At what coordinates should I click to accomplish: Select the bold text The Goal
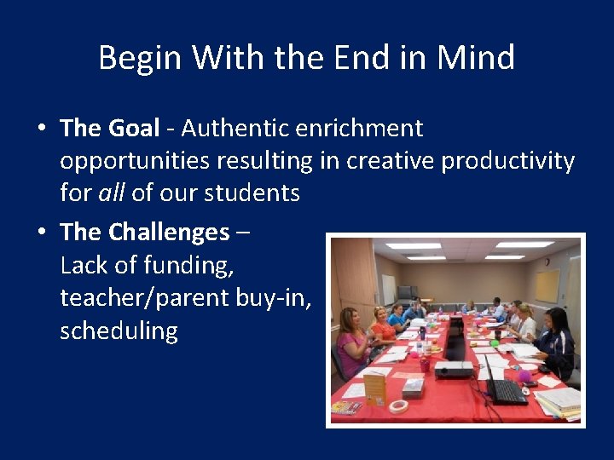(110, 129)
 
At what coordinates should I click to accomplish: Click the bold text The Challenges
(145, 232)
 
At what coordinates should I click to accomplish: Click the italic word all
(111, 193)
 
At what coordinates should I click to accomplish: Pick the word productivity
(507, 161)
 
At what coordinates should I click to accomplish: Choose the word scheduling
(119, 331)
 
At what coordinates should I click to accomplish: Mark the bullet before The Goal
(41, 129)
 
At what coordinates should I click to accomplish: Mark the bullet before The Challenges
(41, 233)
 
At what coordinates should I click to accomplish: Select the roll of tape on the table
(398, 406)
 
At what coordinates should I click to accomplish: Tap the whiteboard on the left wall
(388, 289)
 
